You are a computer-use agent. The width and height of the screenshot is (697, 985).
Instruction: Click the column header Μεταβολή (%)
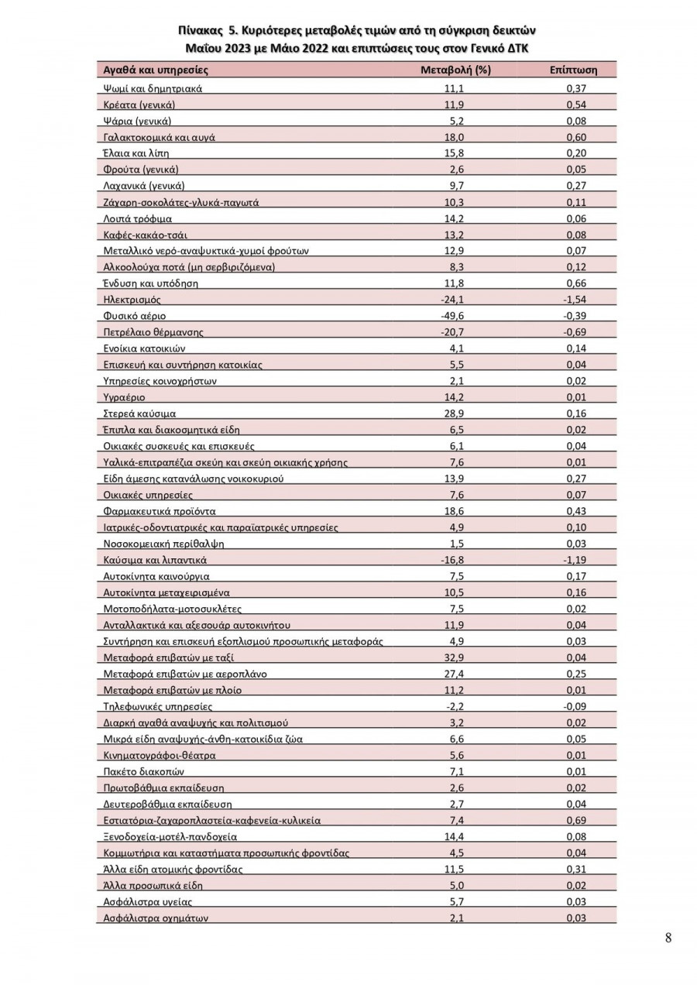click(455, 70)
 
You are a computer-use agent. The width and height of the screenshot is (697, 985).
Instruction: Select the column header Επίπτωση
click(573, 70)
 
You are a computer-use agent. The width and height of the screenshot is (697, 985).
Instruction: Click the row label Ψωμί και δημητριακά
click(153, 88)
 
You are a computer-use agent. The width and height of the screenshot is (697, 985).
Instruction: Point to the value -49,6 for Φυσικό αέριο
click(455, 316)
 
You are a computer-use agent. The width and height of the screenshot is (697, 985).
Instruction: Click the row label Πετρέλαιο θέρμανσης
click(153, 332)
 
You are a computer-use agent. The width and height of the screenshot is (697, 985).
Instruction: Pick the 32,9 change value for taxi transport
click(455, 657)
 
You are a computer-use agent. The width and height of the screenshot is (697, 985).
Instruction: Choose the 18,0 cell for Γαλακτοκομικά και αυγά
click(455, 137)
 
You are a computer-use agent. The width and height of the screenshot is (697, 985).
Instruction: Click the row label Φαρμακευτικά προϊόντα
click(160, 511)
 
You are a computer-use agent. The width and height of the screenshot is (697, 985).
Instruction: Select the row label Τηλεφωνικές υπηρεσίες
click(157, 706)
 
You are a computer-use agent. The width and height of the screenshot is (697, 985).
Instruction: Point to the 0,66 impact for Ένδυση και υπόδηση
click(575, 283)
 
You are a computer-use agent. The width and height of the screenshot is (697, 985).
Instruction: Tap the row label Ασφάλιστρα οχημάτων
click(156, 918)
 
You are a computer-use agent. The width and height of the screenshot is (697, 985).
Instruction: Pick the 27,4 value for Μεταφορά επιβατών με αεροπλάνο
click(455, 674)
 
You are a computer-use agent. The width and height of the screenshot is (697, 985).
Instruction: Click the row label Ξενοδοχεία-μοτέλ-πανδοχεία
click(170, 836)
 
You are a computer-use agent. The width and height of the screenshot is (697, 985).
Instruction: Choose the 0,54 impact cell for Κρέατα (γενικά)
click(575, 105)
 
